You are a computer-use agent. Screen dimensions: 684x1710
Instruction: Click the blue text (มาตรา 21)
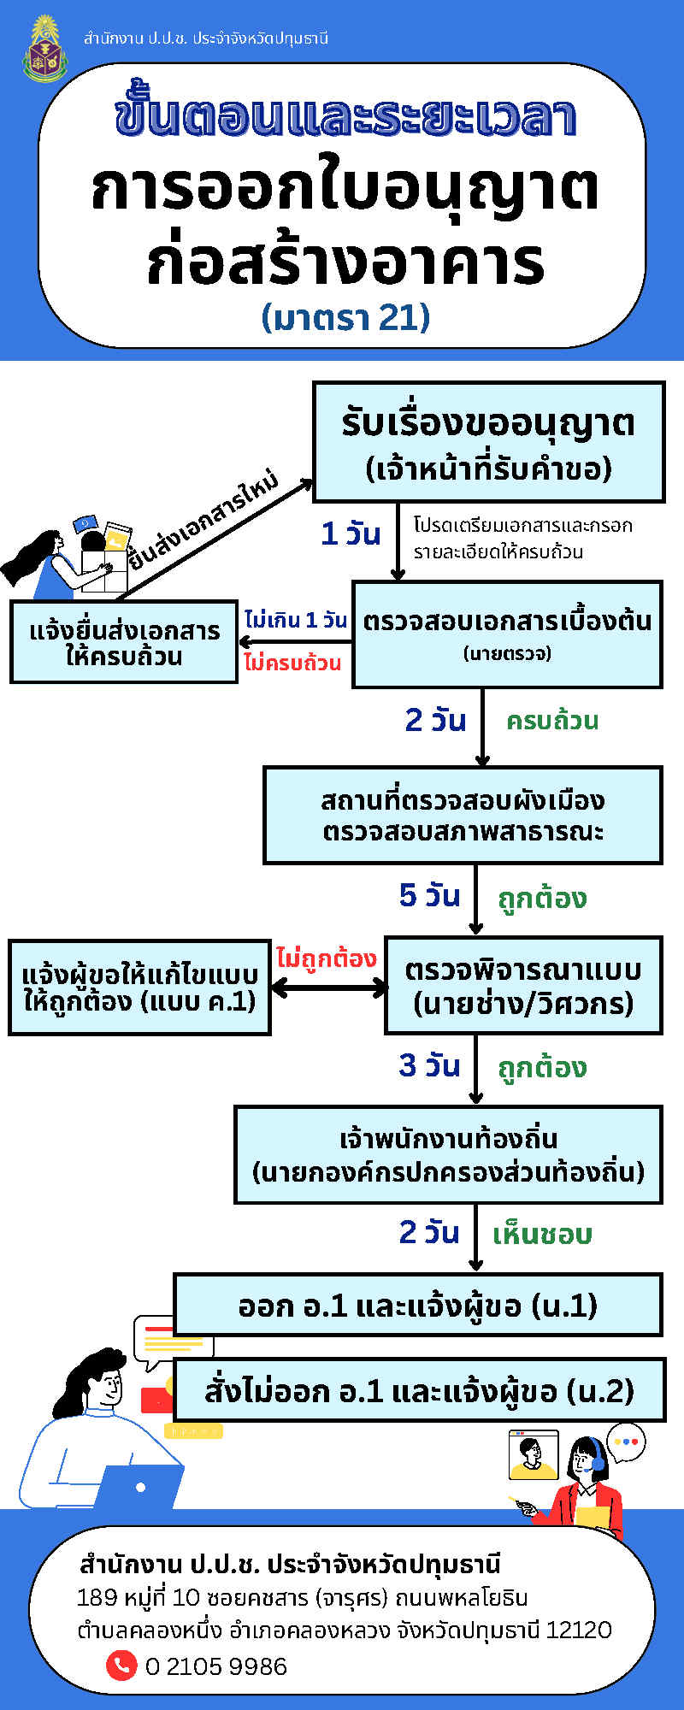pos(345,317)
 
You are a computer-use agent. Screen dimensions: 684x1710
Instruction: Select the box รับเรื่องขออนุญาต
pos(489,441)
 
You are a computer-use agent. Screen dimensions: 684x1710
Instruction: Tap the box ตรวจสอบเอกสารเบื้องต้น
pos(507,634)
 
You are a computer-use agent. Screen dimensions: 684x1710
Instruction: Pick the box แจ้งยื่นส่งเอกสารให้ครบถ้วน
pos(124,642)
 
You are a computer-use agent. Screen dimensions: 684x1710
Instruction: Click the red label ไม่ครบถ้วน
pos(292,663)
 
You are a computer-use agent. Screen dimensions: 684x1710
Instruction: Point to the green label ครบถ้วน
pos(552,721)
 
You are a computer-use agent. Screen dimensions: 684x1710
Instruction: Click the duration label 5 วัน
pos(429,895)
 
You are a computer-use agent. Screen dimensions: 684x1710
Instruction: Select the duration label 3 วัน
pos(429,1065)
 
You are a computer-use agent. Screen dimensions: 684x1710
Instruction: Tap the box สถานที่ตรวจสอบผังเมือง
pos(463,815)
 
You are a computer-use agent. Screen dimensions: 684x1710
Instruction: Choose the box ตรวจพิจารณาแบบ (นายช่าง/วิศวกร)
pos(523,986)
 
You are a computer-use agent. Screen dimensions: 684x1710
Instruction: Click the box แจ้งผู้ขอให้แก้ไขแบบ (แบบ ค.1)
pos(139,988)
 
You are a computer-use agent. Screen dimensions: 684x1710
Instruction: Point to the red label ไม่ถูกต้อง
pos(327,958)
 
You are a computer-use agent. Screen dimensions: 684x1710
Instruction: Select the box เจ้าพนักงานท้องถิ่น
pos(448,1155)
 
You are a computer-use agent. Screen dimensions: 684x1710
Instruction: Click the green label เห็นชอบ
pos(543,1234)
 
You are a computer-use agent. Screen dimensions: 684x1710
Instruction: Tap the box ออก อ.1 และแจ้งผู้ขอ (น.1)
pos(418,1305)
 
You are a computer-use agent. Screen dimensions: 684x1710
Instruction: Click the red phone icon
pos(121,1665)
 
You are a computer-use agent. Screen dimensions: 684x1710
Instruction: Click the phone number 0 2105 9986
pos(216,1666)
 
